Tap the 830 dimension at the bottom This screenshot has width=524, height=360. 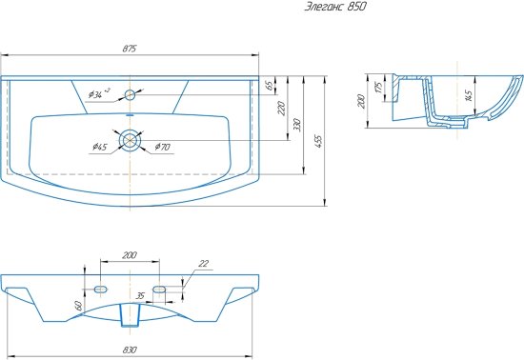click(x=131, y=350)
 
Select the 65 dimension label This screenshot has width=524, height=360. click(x=270, y=86)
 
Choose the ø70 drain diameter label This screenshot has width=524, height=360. click(x=163, y=147)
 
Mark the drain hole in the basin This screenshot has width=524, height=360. click(x=130, y=140)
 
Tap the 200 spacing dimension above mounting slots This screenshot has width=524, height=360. click(x=130, y=256)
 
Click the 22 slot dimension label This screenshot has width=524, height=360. click(x=202, y=264)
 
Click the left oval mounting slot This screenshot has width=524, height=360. click(x=101, y=288)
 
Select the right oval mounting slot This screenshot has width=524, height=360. click(x=159, y=288)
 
